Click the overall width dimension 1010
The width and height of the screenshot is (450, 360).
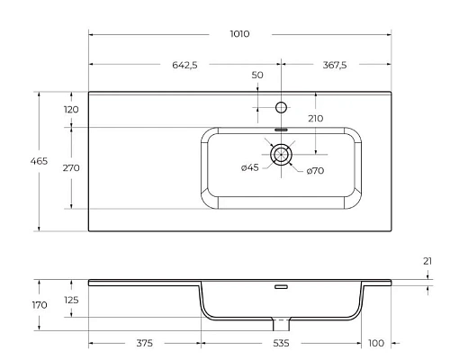pos(239,33)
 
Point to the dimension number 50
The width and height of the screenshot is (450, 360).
pos(257,76)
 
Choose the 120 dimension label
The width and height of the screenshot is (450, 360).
pos(71,110)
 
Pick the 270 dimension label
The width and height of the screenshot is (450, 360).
pos(71,168)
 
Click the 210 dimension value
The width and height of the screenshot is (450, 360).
pos(315,119)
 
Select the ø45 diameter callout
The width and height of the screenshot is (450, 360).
pos(250,169)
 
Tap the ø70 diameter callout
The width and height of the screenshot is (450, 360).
pos(315,170)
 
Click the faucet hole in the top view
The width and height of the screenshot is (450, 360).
pos(281,108)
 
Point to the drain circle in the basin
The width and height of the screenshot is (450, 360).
pos(282,155)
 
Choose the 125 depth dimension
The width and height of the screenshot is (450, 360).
pos(71,300)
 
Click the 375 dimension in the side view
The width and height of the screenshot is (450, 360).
pos(143,343)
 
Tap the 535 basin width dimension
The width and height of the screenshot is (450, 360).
pos(281,343)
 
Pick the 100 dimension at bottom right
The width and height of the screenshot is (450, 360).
pos(375,343)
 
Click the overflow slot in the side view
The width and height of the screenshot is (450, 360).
pos(281,287)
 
